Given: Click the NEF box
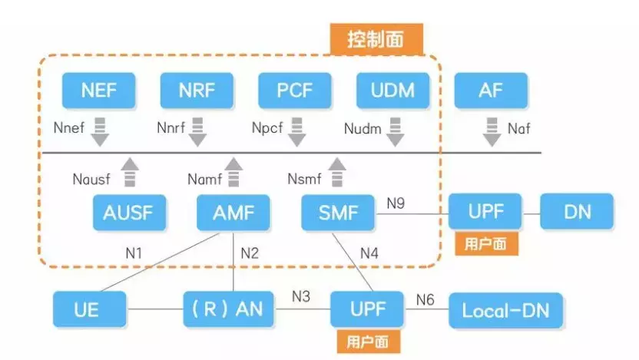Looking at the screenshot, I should (x=99, y=91).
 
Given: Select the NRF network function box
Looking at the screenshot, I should (x=197, y=91).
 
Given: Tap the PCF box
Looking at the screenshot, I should (x=295, y=91).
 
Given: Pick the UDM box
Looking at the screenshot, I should (x=394, y=91).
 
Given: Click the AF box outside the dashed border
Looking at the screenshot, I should (x=491, y=91).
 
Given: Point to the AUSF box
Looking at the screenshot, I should (x=129, y=213).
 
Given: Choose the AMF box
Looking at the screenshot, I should (x=233, y=213).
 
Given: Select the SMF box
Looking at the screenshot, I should (x=338, y=213).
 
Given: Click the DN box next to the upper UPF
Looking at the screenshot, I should (x=577, y=212).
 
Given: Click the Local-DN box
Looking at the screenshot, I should (x=505, y=310).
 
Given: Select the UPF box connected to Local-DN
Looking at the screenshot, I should (x=368, y=309).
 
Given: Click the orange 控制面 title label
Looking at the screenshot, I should (x=376, y=38).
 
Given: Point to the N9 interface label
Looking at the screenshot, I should (x=396, y=203).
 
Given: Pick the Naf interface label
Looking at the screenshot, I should (x=518, y=129).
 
